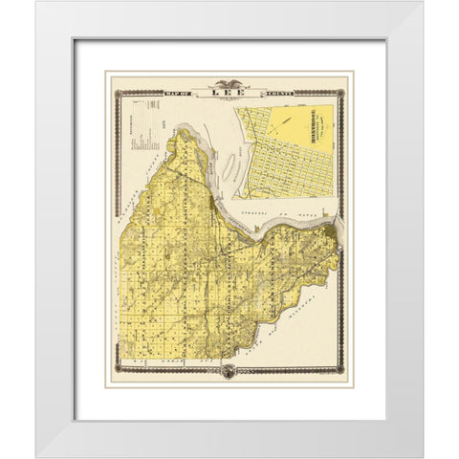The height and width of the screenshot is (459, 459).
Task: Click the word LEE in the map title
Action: (229, 95)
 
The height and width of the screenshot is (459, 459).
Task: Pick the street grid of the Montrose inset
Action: (277, 148)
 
